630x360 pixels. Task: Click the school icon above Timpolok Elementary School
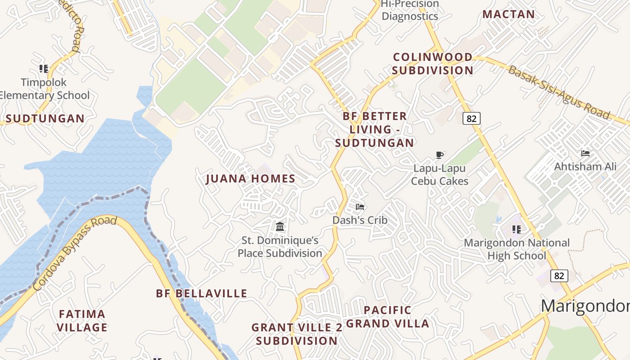44,69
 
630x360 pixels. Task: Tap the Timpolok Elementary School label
44,89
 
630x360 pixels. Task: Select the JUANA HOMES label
251,179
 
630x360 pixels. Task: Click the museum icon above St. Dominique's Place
280,226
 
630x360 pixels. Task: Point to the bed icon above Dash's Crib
360,207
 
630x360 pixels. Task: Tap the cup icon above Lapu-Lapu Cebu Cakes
440,155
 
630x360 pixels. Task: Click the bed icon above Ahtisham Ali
585,153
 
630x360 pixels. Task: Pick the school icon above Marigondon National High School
517,229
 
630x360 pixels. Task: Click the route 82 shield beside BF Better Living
471,118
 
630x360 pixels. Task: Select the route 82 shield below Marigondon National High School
559,275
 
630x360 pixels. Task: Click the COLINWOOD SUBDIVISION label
432,63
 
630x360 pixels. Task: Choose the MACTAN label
508,14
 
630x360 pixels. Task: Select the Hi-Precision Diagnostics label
409,10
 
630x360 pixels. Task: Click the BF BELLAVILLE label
202,293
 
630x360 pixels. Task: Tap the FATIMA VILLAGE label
83,320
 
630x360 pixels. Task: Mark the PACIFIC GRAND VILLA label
387,316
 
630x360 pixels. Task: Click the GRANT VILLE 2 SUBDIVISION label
297,334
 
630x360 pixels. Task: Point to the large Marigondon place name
585,306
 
